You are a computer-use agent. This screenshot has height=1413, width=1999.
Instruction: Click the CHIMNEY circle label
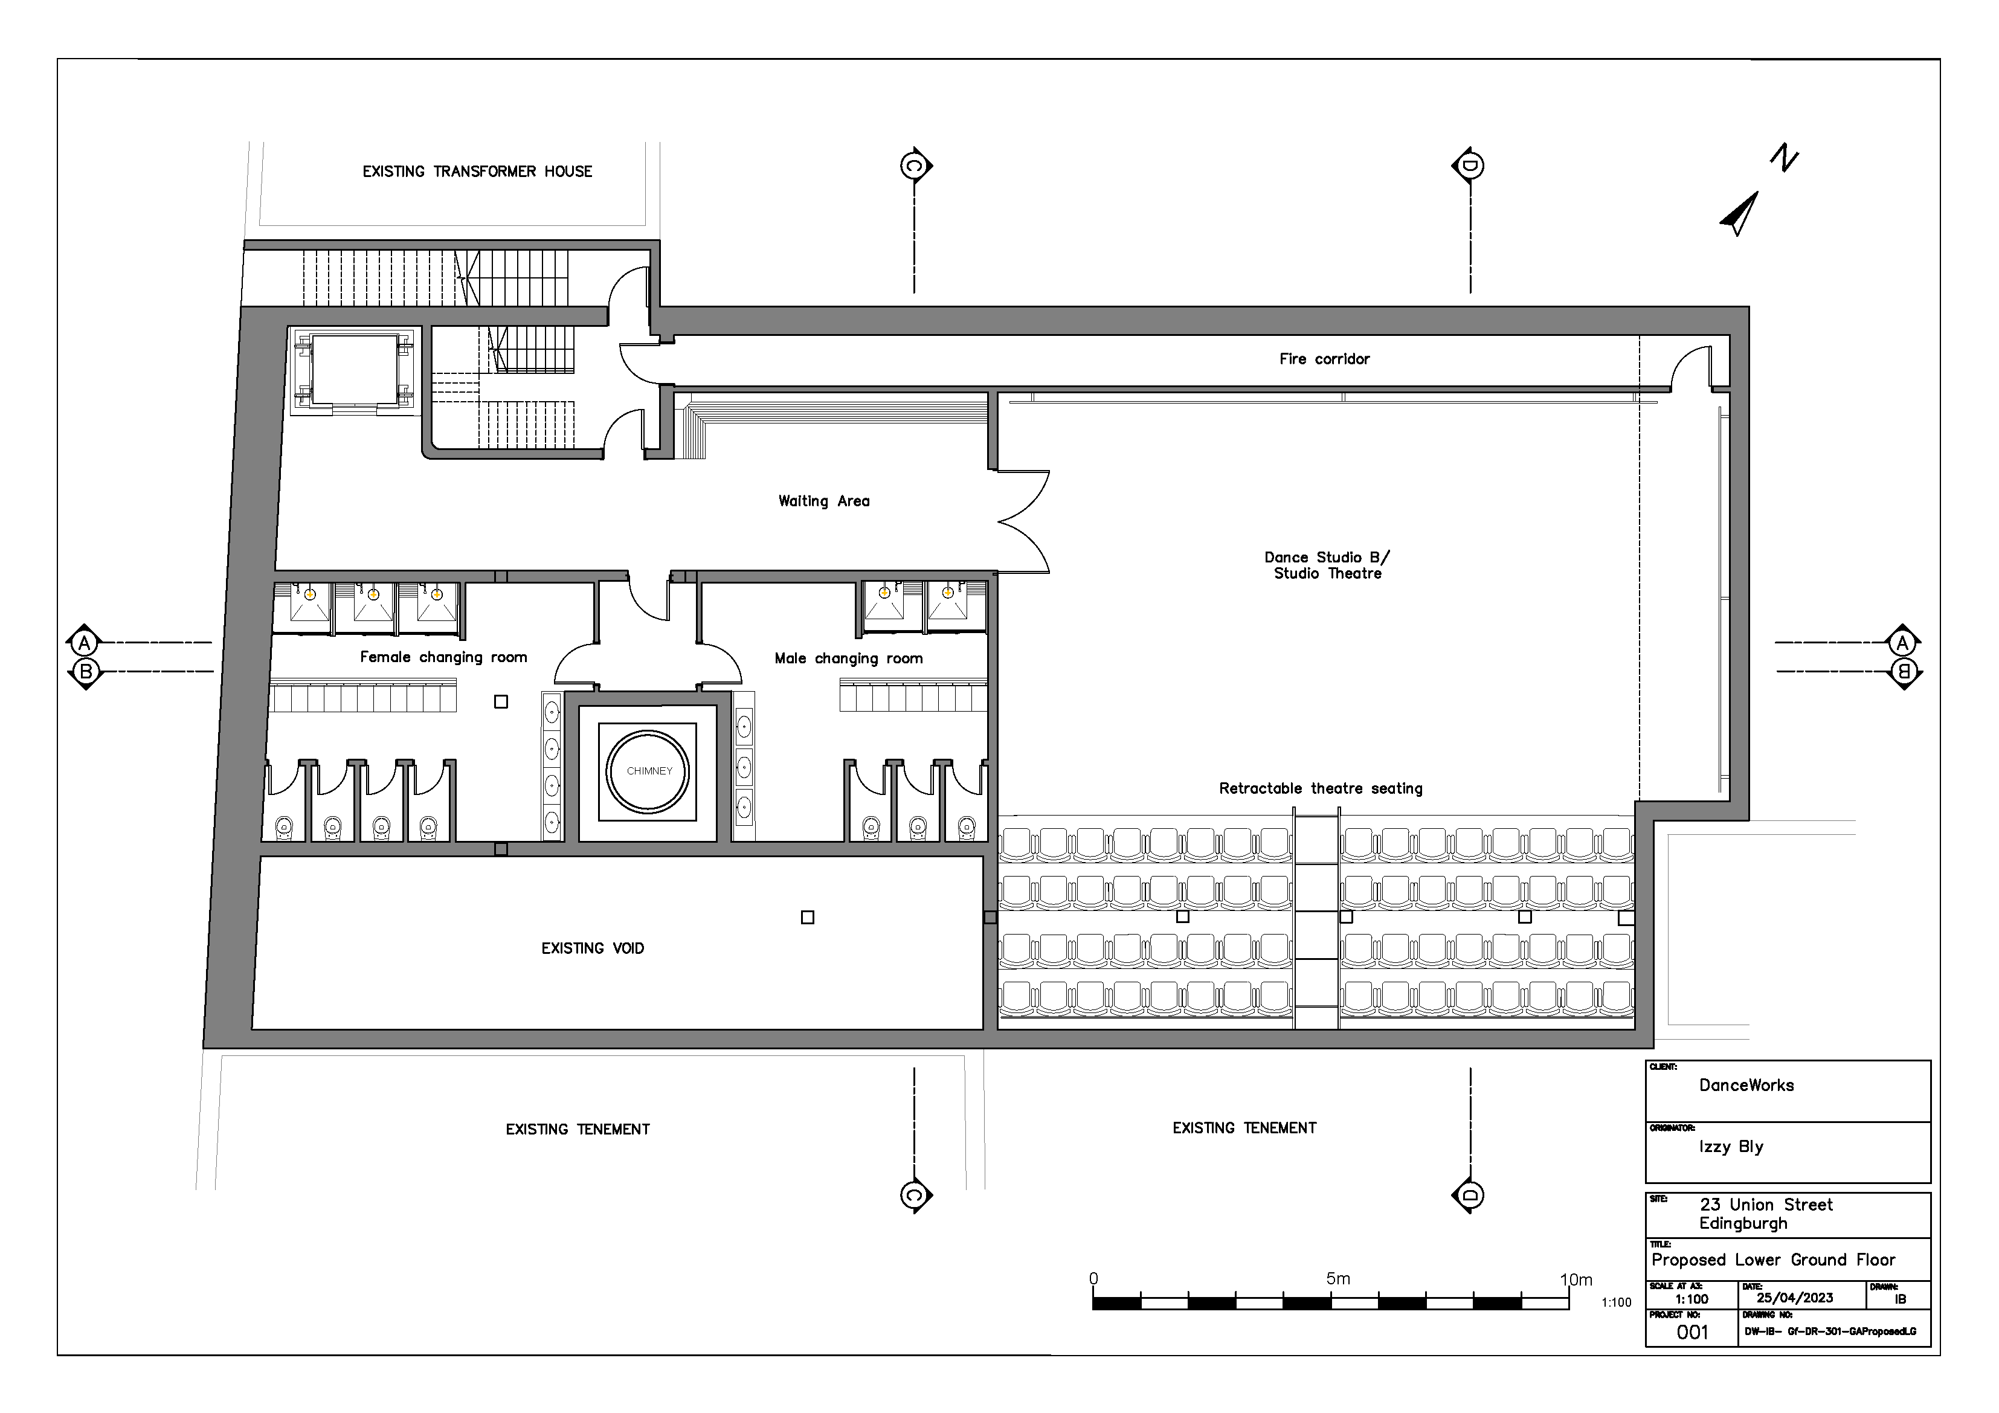(x=649, y=771)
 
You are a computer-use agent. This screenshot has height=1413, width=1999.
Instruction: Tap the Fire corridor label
(x=1324, y=359)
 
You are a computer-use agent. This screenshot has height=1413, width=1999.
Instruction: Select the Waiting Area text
(x=823, y=501)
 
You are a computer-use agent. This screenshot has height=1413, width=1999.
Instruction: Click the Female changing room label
(x=443, y=657)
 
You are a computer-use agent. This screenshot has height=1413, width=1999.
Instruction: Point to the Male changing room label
(x=848, y=658)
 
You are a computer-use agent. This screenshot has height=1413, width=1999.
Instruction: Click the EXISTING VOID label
(x=592, y=948)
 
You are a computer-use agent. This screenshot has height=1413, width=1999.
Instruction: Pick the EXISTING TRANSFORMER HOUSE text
(x=477, y=172)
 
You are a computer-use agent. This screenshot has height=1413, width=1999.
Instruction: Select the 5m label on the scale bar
(x=1337, y=1279)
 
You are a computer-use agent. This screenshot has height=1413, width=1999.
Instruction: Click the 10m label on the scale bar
(x=1576, y=1280)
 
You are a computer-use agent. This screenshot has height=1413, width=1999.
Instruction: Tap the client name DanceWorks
(x=1746, y=1085)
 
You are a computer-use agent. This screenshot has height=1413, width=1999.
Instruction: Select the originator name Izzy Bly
(x=1731, y=1147)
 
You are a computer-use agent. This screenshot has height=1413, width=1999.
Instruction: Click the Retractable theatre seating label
(x=1320, y=789)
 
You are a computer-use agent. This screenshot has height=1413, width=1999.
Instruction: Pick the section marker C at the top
(x=914, y=166)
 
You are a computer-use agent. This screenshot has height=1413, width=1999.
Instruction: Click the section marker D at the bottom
(x=1470, y=1196)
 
